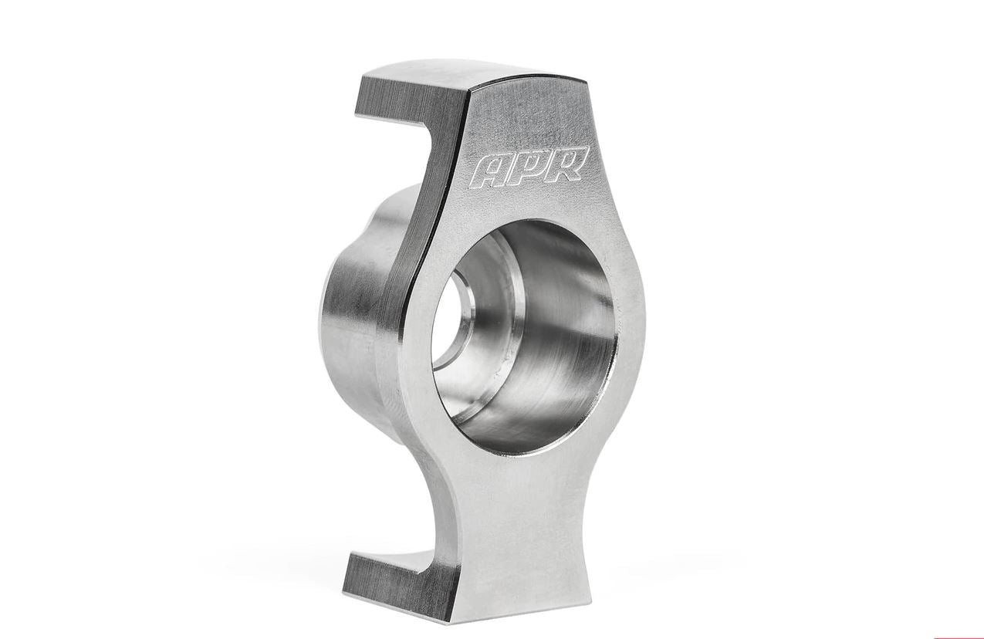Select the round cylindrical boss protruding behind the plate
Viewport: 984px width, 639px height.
347,309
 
